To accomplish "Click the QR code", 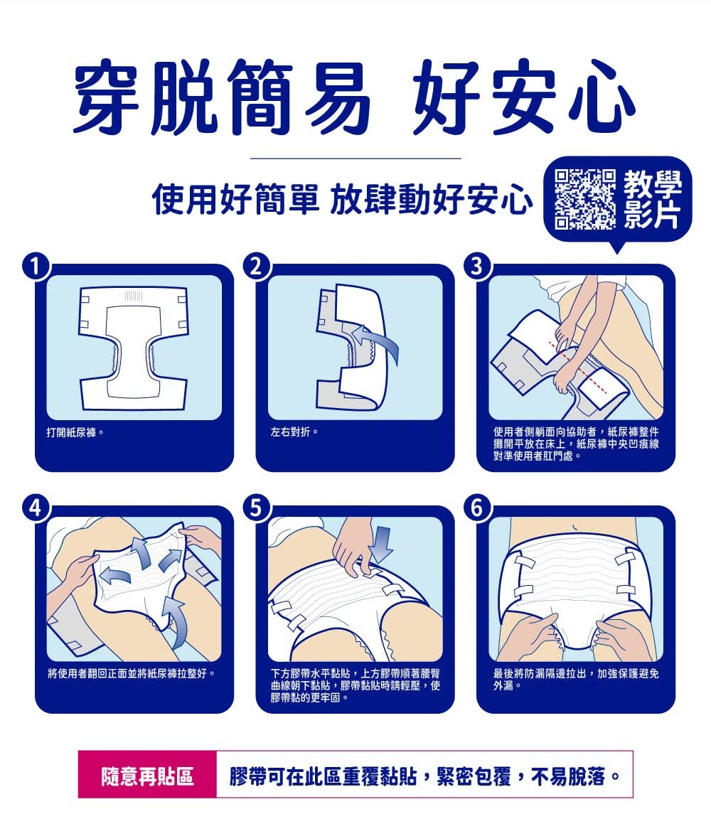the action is (x=585, y=199).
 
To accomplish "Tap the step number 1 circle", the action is (x=36, y=267).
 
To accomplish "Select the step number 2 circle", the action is (x=257, y=267).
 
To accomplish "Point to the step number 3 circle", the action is (x=477, y=267).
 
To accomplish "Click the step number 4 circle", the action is (x=36, y=508).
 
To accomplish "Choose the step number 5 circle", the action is (x=257, y=508).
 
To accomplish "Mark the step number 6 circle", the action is (x=477, y=508).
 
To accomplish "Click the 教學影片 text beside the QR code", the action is (x=653, y=199).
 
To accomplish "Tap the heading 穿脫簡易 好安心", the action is (x=354, y=97).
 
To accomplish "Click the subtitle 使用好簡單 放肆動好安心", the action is (x=343, y=199).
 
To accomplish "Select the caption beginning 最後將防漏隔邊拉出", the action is (x=575, y=680).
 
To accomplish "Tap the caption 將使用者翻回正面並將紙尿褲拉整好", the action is (x=132, y=673).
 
